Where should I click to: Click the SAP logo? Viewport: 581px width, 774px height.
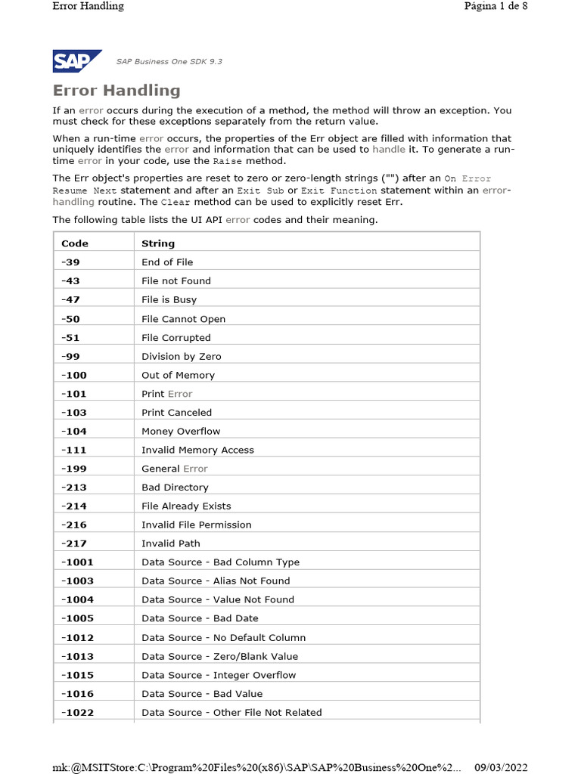click(77, 60)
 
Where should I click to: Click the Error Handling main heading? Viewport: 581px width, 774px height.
click(117, 91)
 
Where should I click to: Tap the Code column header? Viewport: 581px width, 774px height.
click(75, 243)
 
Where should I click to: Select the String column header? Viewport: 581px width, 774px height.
click(158, 243)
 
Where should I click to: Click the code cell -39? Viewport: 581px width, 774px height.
click(70, 262)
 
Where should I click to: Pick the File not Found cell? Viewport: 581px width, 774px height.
click(176, 281)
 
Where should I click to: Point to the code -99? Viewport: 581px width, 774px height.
click(70, 356)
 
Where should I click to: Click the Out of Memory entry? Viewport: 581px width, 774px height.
click(178, 375)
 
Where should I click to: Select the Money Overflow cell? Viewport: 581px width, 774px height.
click(181, 431)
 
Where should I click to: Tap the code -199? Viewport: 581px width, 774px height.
click(73, 469)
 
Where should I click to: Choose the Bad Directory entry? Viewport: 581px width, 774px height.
click(175, 488)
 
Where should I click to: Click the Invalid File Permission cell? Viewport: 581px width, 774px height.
click(196, 525)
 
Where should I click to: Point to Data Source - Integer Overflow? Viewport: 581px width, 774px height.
click(219, 675)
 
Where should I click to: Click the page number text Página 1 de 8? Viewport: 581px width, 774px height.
click(496, 6)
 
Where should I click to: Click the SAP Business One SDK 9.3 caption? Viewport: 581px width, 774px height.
click(169, 61)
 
